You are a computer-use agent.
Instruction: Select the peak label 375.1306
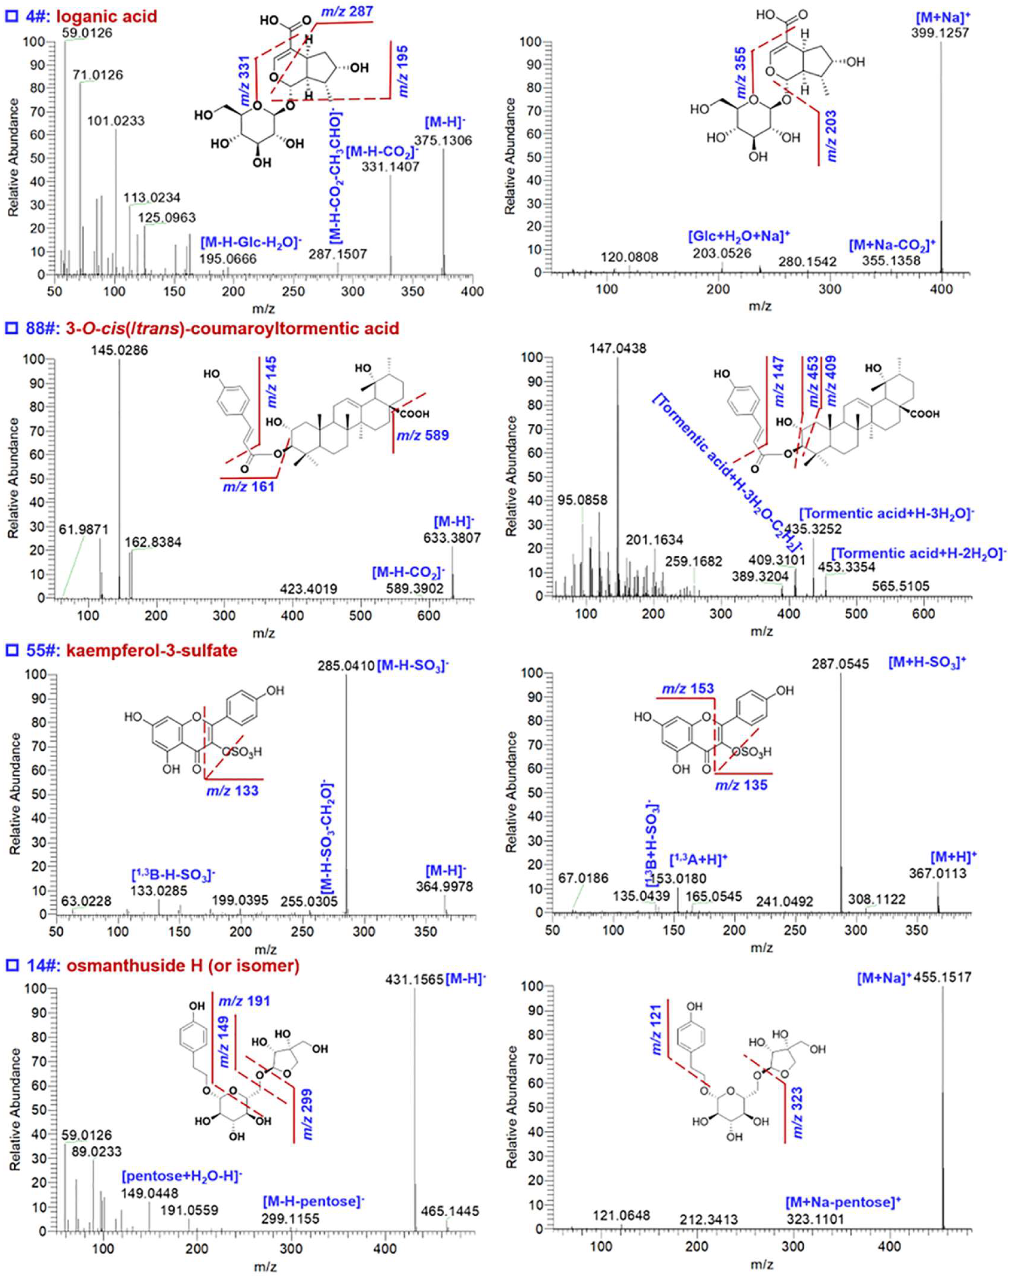pos(444,140)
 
